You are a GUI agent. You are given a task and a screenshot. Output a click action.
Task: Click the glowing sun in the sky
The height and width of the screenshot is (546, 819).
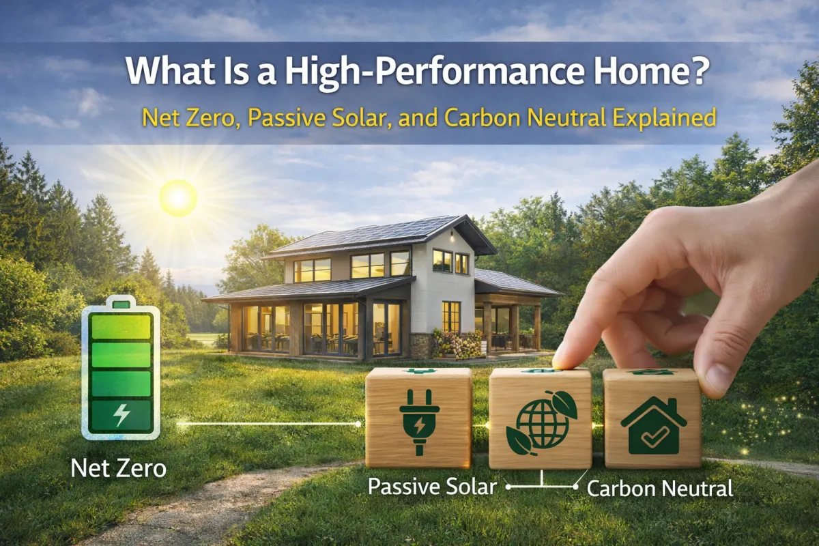point(178,198)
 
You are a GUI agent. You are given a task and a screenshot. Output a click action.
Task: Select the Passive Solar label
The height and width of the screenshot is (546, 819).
point(431,487)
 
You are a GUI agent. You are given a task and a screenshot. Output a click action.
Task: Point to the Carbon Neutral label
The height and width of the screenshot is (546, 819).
point(660,488)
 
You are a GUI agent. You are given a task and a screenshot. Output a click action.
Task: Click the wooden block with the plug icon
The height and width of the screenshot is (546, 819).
point(418,418)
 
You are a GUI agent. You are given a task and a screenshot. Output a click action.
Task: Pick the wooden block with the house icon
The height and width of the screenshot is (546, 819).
point(652,418)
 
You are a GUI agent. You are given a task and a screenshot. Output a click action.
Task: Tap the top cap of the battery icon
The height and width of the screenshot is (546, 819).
point(121,301)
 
